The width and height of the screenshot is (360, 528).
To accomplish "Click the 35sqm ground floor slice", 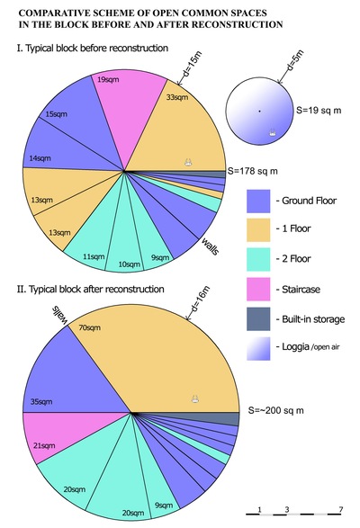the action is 67,380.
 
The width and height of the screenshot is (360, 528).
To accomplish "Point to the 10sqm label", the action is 129,264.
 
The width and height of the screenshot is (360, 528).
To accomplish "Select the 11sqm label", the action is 94,256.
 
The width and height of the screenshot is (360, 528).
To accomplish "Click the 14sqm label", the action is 40,158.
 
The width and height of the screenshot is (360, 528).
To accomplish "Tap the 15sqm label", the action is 57,114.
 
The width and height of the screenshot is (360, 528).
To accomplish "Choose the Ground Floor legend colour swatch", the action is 258,201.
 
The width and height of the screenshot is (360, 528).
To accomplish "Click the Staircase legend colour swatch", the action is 258,289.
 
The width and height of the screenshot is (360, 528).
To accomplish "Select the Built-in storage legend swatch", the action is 258,318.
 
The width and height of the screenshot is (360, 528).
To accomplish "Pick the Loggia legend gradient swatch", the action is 258,348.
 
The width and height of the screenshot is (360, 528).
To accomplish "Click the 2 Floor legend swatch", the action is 258,259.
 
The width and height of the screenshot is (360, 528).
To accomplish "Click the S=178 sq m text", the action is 253,171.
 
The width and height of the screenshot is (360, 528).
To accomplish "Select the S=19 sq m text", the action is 319,110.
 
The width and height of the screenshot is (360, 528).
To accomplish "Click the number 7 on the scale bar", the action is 341,509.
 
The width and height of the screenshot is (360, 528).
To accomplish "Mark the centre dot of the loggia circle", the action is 259,111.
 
